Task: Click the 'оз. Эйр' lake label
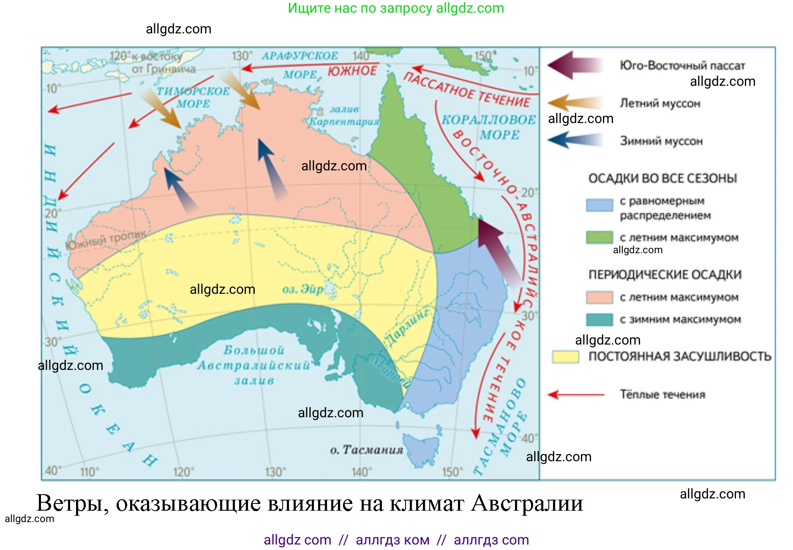pyautogui.click(x=302, y=290)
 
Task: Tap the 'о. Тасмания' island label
pyautogui.click(x=366, y=450)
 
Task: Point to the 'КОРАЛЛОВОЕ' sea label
pyautogui.click(x=488, y=120)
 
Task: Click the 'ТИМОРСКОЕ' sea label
pyautogui.click(x=193, y=91)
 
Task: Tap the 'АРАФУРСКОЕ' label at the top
pyautogui.click(x=300, y=56)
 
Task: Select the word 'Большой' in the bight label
pyautogui.click(x=253, y=350)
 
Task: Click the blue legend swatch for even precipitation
pyautogui.click(x=599, y=205)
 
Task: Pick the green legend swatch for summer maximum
pyautogui.click(x=599, y=237)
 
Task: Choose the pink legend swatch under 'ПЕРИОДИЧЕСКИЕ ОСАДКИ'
pyautogui.click(x=599, y=297)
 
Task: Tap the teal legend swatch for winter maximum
pyautogui.click(x=599, y=319)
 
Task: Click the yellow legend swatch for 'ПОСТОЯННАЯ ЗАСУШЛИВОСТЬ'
pyautogui.click(x=565, y=356)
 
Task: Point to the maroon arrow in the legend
pyautogui.click(x=575, y=65)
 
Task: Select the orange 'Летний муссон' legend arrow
pyautogui.click(x=575, y=103)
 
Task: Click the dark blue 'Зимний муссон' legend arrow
pyautogui.click(x=575, y=140)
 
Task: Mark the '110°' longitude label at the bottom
pyautogui.click(x=90, y=472)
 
